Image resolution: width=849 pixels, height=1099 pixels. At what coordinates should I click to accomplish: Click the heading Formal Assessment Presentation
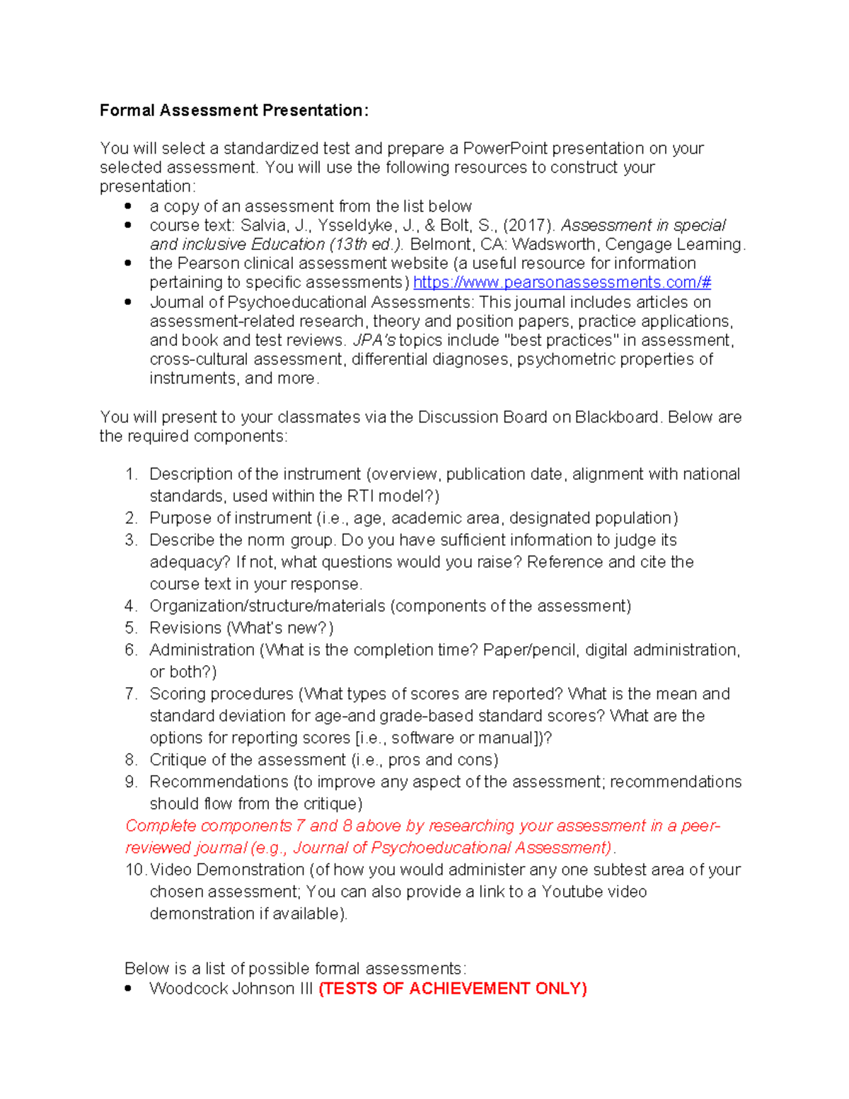tap(233, 110)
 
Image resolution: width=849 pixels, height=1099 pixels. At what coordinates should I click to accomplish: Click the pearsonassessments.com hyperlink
tap(562, 282)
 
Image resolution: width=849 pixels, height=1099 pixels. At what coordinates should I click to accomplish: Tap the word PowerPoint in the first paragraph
tap(505, 149)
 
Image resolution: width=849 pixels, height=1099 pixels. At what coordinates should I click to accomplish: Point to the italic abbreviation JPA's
tap(374, 340)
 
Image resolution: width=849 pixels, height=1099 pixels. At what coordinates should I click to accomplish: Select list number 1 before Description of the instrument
tap(130, 474)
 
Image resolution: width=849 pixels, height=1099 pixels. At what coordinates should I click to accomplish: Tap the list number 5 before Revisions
tap(130, 628)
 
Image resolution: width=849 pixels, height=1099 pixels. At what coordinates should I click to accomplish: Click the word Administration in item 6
tap(202, 650)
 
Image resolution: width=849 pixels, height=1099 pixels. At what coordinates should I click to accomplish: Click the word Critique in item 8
tap(178, 760)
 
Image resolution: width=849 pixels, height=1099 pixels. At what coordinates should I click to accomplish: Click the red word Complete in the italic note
tap(161, 826)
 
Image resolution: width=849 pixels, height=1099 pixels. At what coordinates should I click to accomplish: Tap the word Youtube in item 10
tap(571, 892)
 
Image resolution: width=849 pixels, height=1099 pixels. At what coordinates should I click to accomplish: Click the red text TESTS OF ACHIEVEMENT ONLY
tap(453, 989)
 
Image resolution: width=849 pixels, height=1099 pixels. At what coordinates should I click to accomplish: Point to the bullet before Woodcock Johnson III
tap(128, 989)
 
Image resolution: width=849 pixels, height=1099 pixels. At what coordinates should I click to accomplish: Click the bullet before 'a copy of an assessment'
tap(128, 206)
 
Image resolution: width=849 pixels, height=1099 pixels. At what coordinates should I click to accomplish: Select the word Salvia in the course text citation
tap(261, 226)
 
